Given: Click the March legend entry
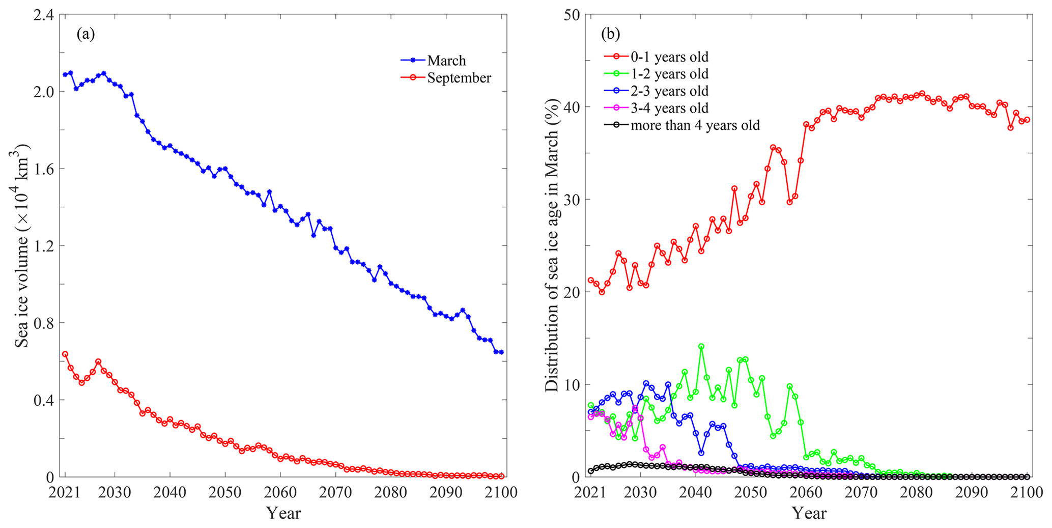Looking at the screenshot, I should coord(446,61).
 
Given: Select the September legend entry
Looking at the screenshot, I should coord(459,78).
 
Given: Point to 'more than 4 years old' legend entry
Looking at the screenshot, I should coord(695,125).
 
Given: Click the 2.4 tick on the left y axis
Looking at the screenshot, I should coord(43,15).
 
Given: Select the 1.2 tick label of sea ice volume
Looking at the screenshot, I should coord(43,246).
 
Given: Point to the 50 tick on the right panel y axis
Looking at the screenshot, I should coord(574,15).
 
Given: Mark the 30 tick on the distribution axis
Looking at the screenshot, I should coord(574,200).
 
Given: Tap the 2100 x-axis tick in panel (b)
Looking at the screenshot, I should coord(1027,493).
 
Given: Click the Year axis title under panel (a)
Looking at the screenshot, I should coord(283,513).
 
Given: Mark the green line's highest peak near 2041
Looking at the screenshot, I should coord(701,346).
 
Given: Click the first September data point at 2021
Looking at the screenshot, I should coord(65,354).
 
